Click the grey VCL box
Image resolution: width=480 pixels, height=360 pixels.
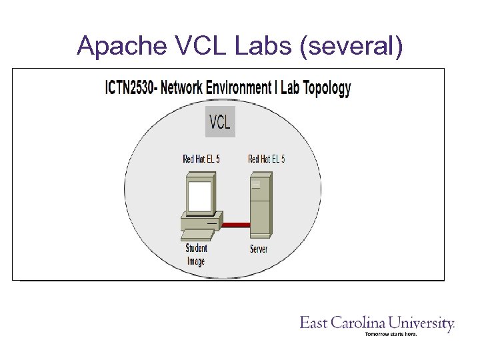tap(220, 121)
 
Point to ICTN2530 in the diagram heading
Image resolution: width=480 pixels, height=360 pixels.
tap(130, 88)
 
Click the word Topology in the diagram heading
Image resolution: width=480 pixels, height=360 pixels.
tap(325, 88)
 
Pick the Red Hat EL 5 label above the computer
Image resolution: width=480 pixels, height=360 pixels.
tap(201, 159)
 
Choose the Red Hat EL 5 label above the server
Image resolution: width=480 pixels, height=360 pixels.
tap(266, 159)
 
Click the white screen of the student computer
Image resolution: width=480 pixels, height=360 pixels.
tap(198, 196)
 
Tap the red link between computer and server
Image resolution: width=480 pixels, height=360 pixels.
tap(235, 225)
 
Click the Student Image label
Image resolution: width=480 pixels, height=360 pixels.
tap(196, 254)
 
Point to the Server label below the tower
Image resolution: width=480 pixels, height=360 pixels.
tap(259, 249)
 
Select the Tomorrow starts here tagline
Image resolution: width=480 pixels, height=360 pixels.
tap(391, 334)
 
